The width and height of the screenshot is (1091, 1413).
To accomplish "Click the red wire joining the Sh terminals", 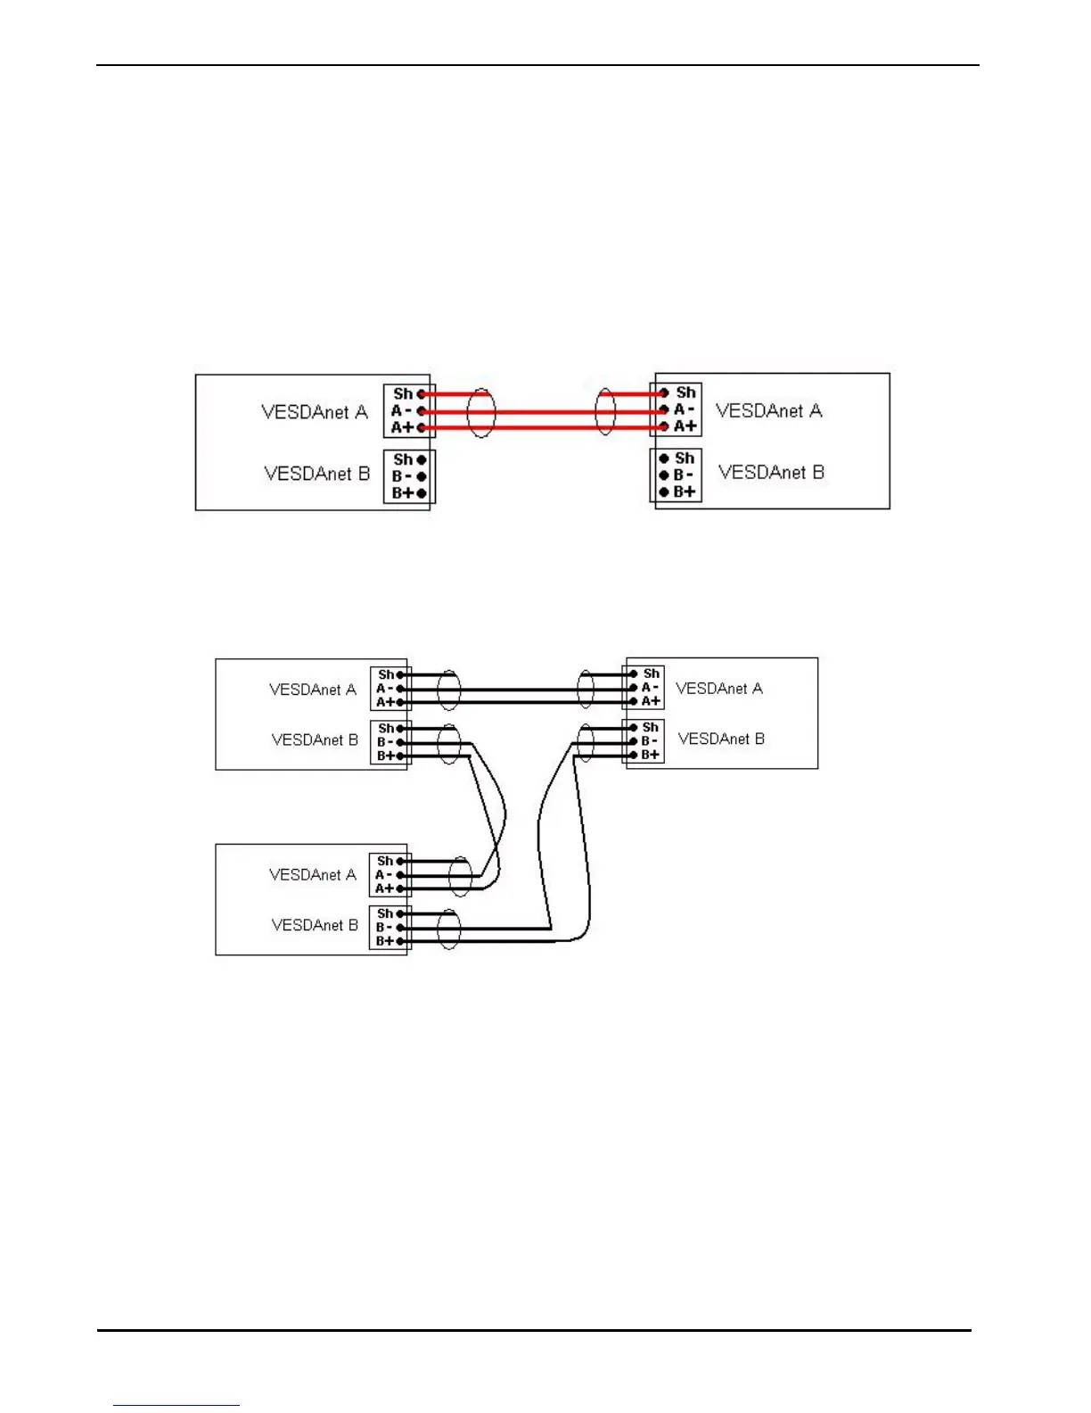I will click(x=544, y=393).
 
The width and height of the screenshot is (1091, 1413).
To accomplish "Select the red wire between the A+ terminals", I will click(x=544, y=428).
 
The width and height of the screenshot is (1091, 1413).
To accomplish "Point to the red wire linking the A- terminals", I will click(x=544, y=411).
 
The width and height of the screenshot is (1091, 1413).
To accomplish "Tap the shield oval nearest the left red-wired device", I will click(x=481, y=412).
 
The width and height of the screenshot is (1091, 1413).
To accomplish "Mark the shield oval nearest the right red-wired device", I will click(x=605, y=411).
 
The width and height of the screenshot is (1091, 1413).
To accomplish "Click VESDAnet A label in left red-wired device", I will click(x=314, y=412).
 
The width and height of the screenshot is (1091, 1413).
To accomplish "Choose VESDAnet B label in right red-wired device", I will click(x=771, y=473).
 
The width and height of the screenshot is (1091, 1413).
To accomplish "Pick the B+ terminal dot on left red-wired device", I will click(x=422, y=493).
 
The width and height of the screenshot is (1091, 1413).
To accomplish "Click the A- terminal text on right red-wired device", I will click(x=684, y=409).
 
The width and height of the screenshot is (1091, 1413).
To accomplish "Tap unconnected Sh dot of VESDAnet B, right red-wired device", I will click(x=664, y=459).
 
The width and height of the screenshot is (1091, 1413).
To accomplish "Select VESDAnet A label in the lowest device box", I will click(x=312, y=875).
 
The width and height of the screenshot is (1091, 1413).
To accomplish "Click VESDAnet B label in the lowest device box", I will click(x=315, y=926).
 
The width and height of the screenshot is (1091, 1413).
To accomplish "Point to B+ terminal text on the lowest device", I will click(x=384, y=941).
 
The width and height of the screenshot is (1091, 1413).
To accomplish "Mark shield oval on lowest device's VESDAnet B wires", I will click(x=449, y=929).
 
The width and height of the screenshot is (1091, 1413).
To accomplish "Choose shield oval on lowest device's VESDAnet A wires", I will click(x=460, y=876).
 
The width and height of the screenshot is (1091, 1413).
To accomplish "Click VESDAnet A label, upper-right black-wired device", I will click(x=718, y=689).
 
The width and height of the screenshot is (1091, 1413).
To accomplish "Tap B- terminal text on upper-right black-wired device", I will click(x=650, y=741).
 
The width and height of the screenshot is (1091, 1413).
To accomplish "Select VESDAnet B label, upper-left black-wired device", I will click(x=315, y=740).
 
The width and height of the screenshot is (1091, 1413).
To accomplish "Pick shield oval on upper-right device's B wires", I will click(x=586, y=741).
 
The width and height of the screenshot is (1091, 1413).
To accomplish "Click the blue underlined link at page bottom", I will click(x=176, y=1405).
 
